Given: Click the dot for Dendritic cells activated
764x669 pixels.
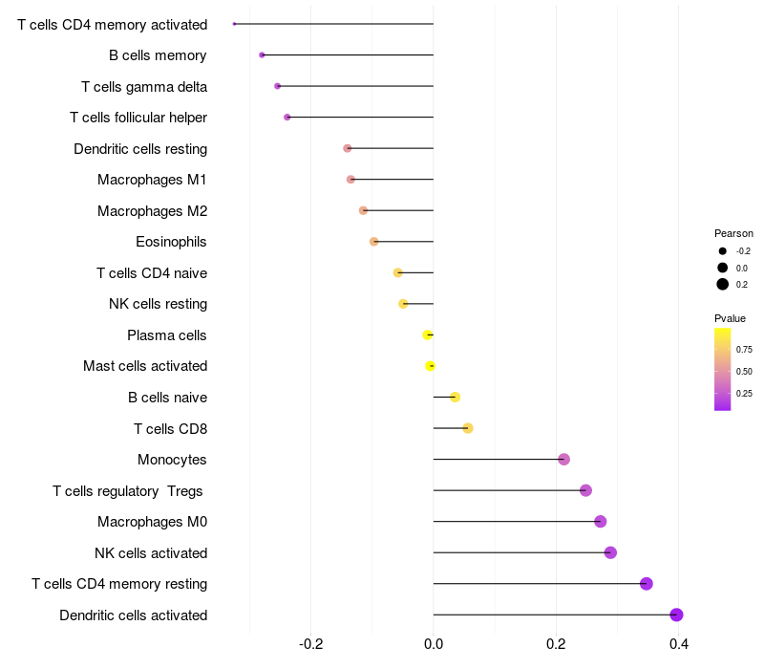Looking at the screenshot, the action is click(x=676, y=615).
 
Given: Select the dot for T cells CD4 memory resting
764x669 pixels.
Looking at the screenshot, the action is click(x=647, y=583).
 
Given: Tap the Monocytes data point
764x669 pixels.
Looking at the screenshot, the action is click(x=563, y=459).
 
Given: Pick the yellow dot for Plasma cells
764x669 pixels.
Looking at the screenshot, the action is click(x=427, y=335).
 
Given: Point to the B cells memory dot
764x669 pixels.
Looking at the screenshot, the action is click(x=262, y=55).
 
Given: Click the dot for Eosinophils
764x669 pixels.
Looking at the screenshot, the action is click(x=373, y=242).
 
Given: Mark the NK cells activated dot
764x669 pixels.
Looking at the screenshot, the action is click(x=610, y=552).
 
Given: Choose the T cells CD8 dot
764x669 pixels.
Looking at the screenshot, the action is click(x=468, y=428).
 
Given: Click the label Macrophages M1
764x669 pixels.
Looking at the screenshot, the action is click(x=152, y=180).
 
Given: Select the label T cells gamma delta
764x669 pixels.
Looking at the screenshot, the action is click(x=144, y=87).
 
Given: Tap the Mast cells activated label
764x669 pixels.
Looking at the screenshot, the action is click(x=145, y=366).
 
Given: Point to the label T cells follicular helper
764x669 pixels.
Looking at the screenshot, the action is click(x=138, y=118).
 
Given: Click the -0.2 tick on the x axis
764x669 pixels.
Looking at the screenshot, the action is click(x=311, y=644).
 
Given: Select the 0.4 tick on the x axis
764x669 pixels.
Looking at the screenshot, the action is click(x=678, y=644).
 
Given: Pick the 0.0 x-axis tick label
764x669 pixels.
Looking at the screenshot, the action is click(x=434, y=644).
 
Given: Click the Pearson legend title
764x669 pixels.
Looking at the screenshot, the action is click(x=733, y=233).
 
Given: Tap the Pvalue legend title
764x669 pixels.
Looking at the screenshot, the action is click(x=730, y=318).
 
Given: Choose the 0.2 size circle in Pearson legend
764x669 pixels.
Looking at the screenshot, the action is click(x=723, y=284).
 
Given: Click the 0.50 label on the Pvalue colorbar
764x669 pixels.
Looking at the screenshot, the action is click(x=744, y=372).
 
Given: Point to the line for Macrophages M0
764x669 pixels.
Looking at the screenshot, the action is click(x=517, y=521).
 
